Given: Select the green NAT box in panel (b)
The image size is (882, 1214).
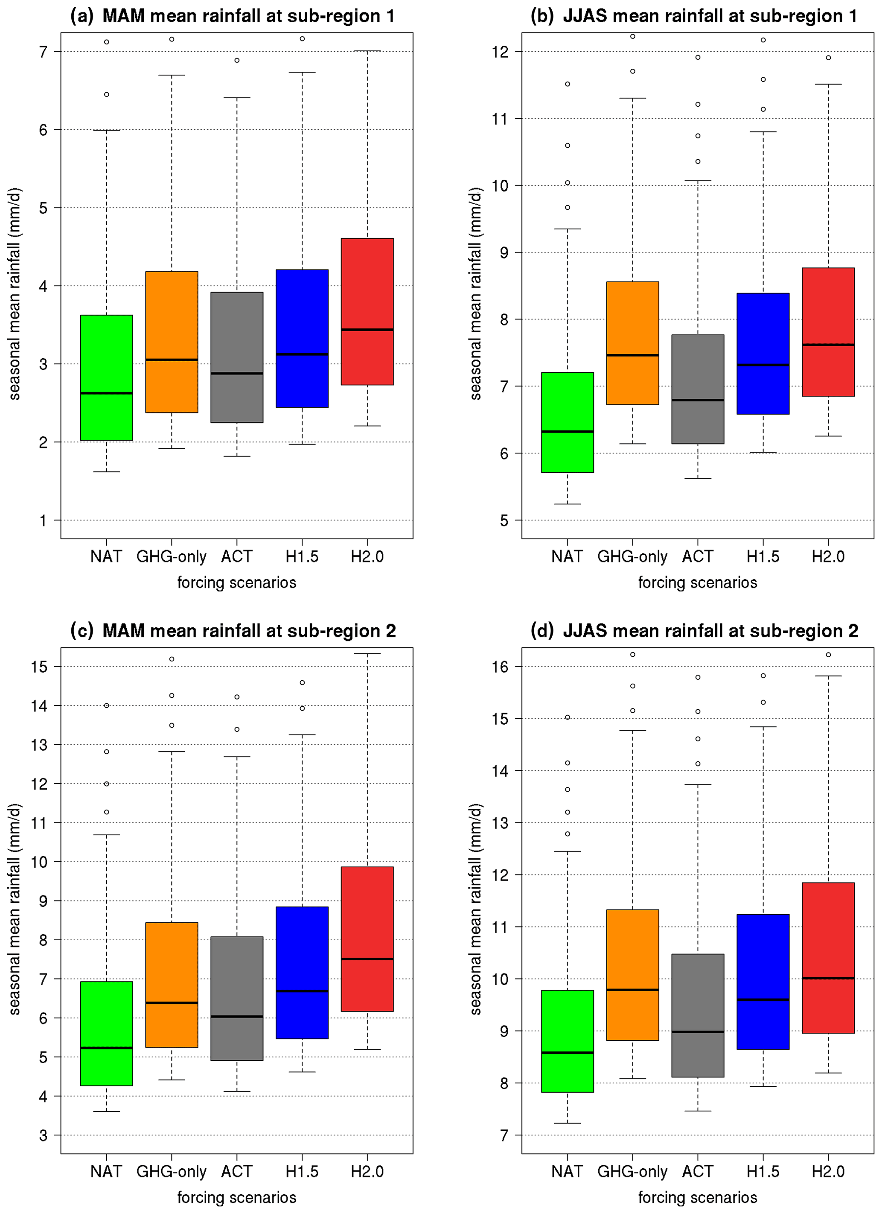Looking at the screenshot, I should pos(567,422).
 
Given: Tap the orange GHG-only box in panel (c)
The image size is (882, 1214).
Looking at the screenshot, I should pos(172,984).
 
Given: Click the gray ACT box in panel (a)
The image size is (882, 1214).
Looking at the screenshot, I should pos(237,357).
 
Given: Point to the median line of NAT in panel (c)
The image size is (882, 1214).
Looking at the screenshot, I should pos(106,1047).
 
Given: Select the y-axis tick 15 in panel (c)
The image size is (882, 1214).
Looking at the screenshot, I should pos(39,667).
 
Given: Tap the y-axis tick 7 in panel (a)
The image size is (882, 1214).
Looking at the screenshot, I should pos(43,52).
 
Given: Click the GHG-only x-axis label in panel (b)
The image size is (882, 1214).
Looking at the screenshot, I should pos(632,557).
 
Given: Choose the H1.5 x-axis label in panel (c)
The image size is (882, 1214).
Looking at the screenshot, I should pos(302,1172).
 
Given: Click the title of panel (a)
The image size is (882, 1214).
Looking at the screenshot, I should pos(233,16).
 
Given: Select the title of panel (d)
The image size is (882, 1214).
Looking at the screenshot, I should pos(694,631).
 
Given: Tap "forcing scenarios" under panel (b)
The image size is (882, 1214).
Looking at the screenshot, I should pos(698,582).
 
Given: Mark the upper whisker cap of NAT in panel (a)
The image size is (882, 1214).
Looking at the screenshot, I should pos(106,130).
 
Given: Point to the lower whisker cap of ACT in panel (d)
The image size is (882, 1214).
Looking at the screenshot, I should pos(698,1111).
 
